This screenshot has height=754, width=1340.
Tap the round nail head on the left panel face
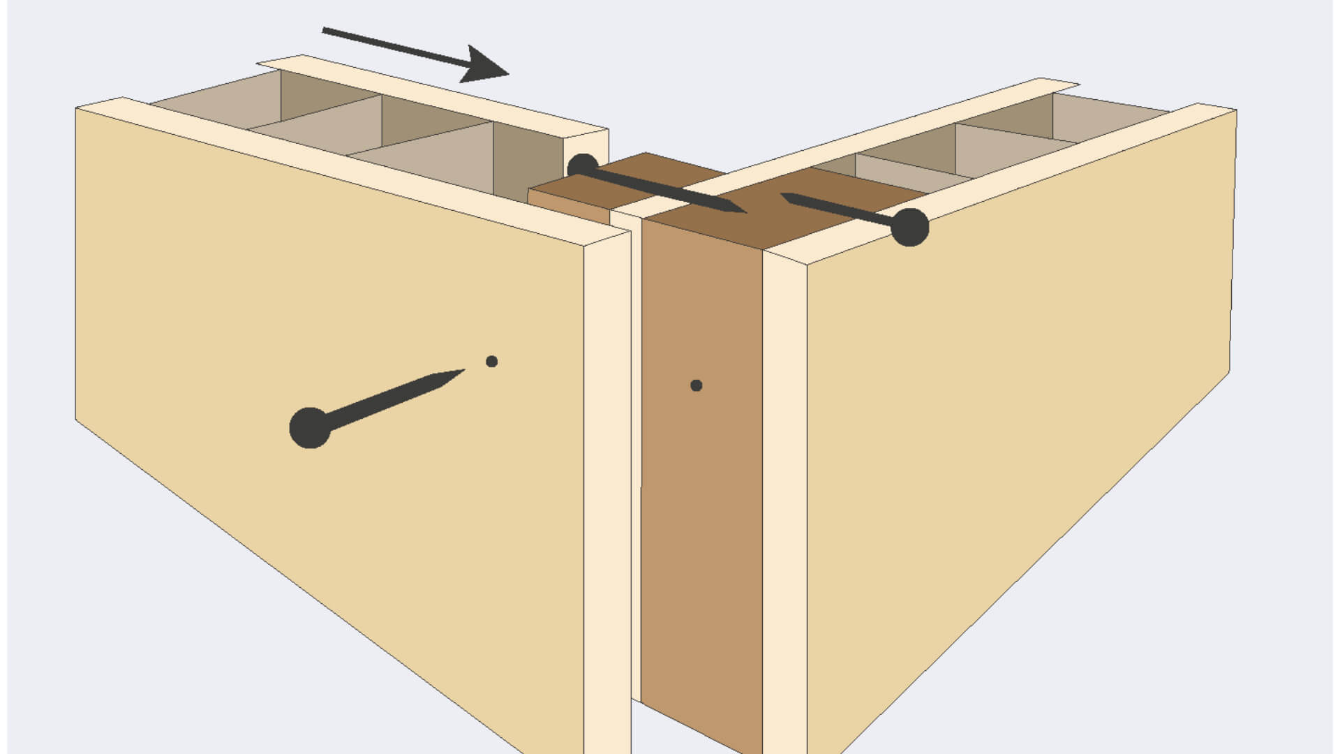309,428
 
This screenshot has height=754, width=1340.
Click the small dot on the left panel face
491,361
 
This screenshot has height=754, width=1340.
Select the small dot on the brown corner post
696,385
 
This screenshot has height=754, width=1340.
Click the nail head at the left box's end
583,167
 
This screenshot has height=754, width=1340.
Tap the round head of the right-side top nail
909,227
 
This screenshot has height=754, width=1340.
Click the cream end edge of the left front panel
607,489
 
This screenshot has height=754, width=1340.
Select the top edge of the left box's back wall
433,91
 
